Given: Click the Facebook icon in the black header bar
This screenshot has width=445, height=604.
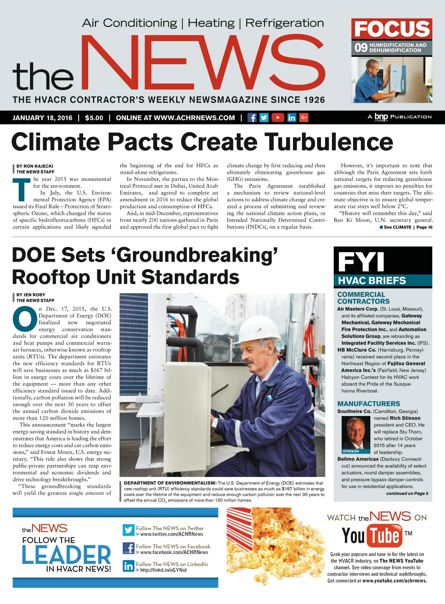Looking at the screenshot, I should (x=252, y=117).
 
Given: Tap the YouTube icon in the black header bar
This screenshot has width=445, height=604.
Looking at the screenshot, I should (x=278, y=117).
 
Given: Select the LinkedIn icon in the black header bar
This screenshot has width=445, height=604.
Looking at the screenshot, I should (x=292, y=117).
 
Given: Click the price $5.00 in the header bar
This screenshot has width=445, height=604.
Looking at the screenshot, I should (x=94, y=118).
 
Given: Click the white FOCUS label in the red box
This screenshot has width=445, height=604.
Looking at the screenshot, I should (x=392, y=29).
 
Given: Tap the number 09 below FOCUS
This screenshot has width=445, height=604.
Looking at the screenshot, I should (x=361, y=47).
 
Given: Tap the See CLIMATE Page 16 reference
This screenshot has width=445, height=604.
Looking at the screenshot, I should (x=406, y=227).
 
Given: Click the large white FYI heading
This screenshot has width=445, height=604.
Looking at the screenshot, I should (x=361, y=262).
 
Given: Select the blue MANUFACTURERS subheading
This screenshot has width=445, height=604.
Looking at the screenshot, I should (x=369, y=404).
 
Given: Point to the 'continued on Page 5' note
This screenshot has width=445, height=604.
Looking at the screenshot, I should (x=407, y=494).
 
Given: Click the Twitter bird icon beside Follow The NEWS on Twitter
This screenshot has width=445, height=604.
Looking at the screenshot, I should (x=129, y=530).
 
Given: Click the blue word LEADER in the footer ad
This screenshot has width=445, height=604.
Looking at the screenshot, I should (x=66, y=555).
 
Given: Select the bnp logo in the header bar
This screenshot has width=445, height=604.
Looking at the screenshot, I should (x=381, y=117).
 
